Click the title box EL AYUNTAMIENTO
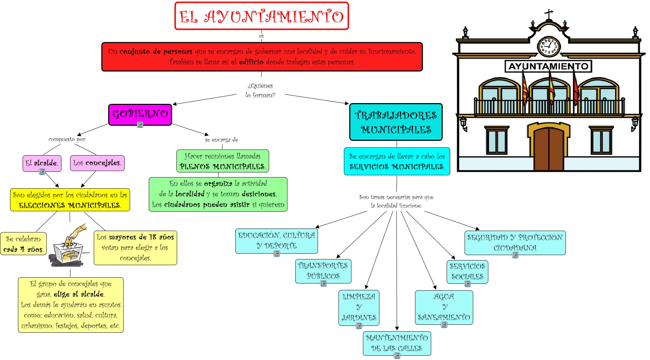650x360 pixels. coord(262,16)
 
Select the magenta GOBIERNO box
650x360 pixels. coord(140,114)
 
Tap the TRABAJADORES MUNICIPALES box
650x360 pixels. coord(396,122)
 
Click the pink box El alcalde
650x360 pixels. coord(42,163)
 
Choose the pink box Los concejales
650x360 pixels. coord(97,163)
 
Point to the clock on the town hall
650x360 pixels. coord(548,46)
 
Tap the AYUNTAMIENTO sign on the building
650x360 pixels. coord(548,66)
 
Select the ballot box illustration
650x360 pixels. coord(69,248)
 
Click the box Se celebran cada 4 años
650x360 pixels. coord(23,244)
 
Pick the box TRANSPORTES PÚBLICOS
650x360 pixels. coord(323,271)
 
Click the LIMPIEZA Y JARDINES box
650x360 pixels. coord(359,307)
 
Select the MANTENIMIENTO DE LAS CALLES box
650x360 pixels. coord(397,343)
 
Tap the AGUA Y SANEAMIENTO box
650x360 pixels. coord(444,307)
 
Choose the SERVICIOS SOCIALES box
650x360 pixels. coord(467,271)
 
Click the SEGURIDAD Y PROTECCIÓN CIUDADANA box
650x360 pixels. coord(515,243)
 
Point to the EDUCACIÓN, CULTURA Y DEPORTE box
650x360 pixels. coord(276,241)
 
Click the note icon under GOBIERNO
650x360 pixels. coord(140,124)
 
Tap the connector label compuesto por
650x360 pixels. coord(67,139)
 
